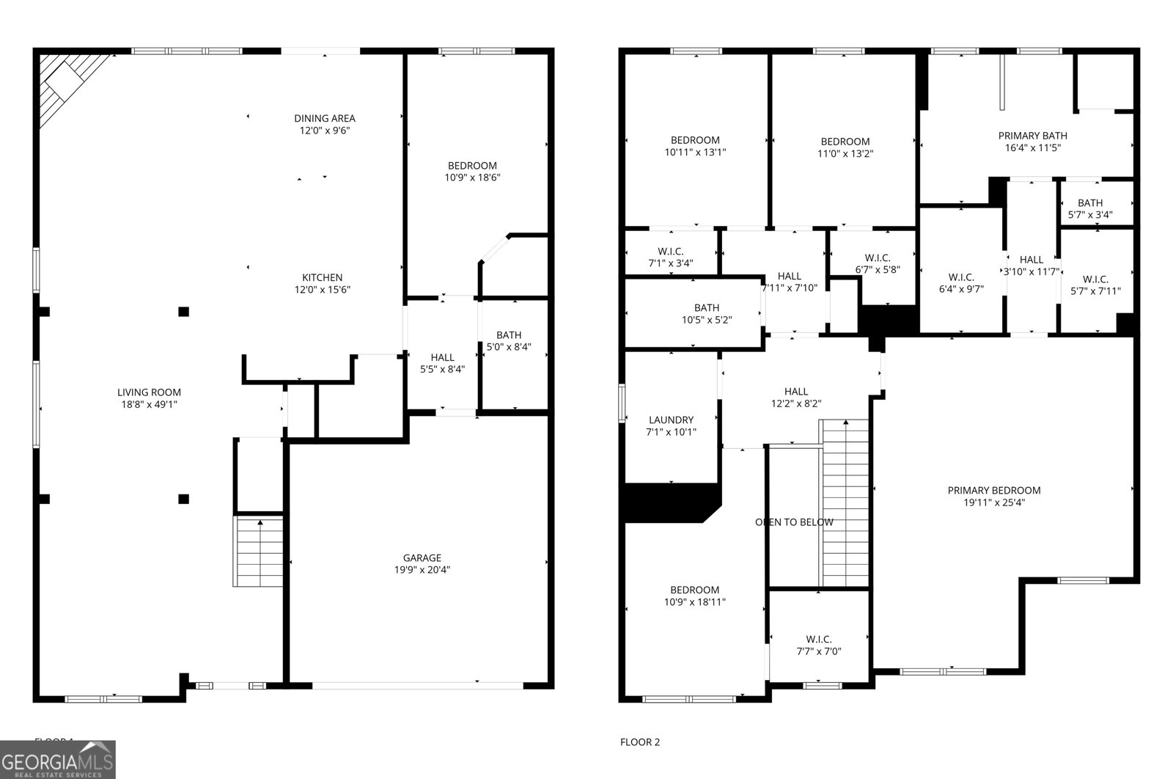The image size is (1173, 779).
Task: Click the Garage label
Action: [x=422, y=557]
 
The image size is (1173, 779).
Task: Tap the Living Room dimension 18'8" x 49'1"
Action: [x=150, y=404]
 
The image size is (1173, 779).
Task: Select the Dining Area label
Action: [x=325, y=118]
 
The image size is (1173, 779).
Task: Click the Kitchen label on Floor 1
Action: [x=322, y=277]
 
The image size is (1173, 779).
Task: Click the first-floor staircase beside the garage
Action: [x=258, y=552]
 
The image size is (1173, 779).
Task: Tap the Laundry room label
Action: [x=671, y=420]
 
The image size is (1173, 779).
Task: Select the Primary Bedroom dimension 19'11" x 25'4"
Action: [x=993, y=502]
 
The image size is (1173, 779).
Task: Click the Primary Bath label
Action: [x=1032, y=136]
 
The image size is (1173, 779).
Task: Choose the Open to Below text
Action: [x=794, y=522]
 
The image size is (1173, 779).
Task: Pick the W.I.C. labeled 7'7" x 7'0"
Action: [x=818, y=645]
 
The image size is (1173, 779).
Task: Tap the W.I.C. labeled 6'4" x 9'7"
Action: [x=960, y=282]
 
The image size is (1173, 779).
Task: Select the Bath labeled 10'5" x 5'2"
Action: [x=706, y=313]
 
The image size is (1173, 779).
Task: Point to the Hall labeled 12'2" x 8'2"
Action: [x=795, y=397]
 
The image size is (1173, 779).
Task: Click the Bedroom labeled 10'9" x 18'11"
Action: [x=694, y=596]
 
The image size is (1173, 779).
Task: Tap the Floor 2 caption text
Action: [x=640, y=742]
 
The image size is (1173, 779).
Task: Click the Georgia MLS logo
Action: [x=57, y=759]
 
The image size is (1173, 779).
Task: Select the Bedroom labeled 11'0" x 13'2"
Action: [x=845, y=147]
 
